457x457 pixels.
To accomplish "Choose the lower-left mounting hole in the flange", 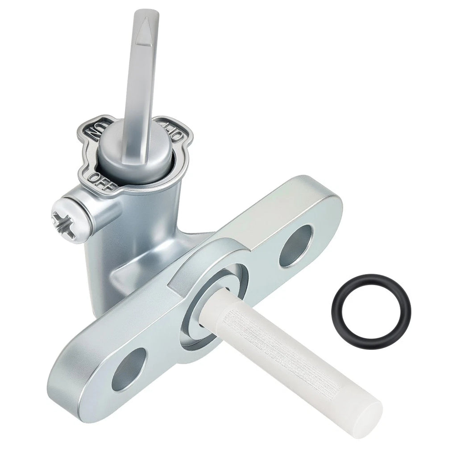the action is click(x=129, y=369).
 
